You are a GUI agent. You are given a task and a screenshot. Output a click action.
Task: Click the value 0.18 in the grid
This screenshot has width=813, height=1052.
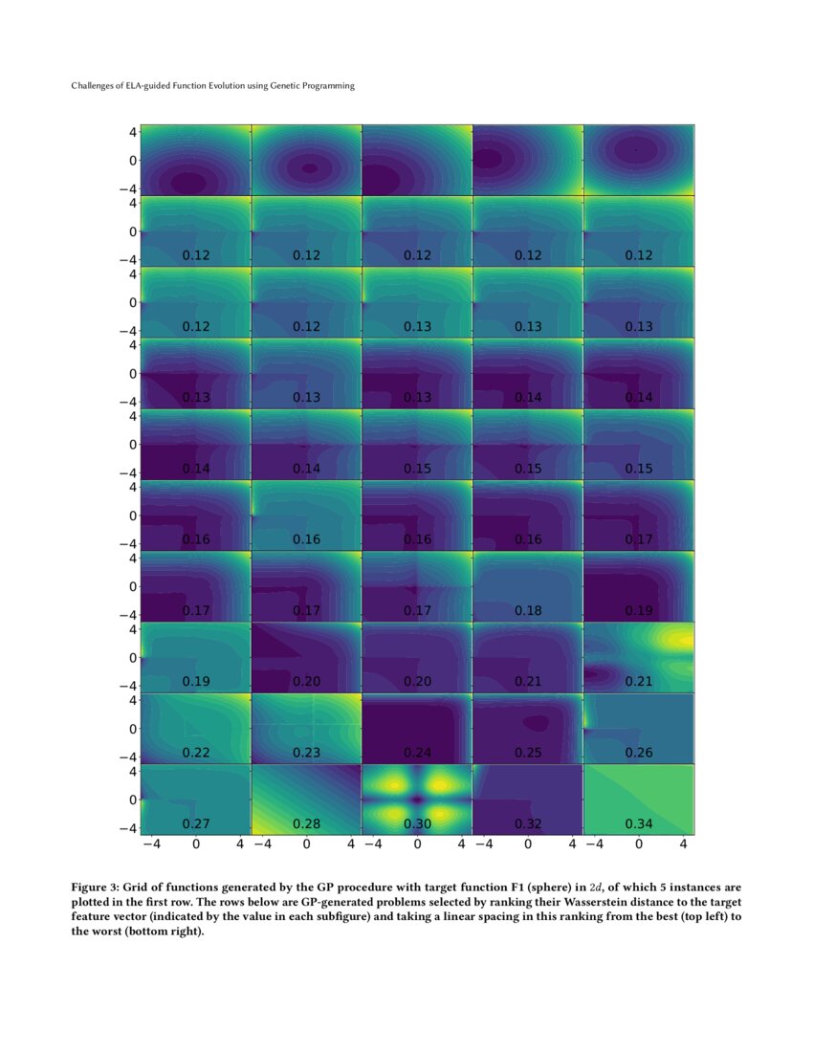[x=528, y=610]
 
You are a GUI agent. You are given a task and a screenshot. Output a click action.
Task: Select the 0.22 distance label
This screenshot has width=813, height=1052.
[x=196, y=753]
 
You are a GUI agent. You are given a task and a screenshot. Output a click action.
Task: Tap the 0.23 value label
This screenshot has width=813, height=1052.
[x=306, y=753]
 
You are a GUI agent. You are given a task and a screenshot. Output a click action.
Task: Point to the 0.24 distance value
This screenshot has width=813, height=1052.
[x=417, y=753]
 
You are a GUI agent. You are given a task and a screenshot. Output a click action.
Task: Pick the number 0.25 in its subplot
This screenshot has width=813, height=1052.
[x=528, y=753]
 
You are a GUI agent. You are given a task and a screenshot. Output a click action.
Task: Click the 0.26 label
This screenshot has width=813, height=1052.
[x=639, y=753]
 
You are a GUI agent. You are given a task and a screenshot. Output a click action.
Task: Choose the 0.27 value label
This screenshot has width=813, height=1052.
[x=196, y=823]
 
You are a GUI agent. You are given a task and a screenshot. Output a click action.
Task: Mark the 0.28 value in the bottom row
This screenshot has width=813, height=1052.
[x=306, y=823]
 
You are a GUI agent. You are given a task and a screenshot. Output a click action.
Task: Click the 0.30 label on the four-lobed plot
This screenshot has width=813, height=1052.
[x=417, y=823]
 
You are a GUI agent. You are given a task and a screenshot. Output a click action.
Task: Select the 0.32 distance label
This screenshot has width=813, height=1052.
[x=528, y=823]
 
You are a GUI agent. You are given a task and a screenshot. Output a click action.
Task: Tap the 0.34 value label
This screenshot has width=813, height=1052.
[x=639, y=823]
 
